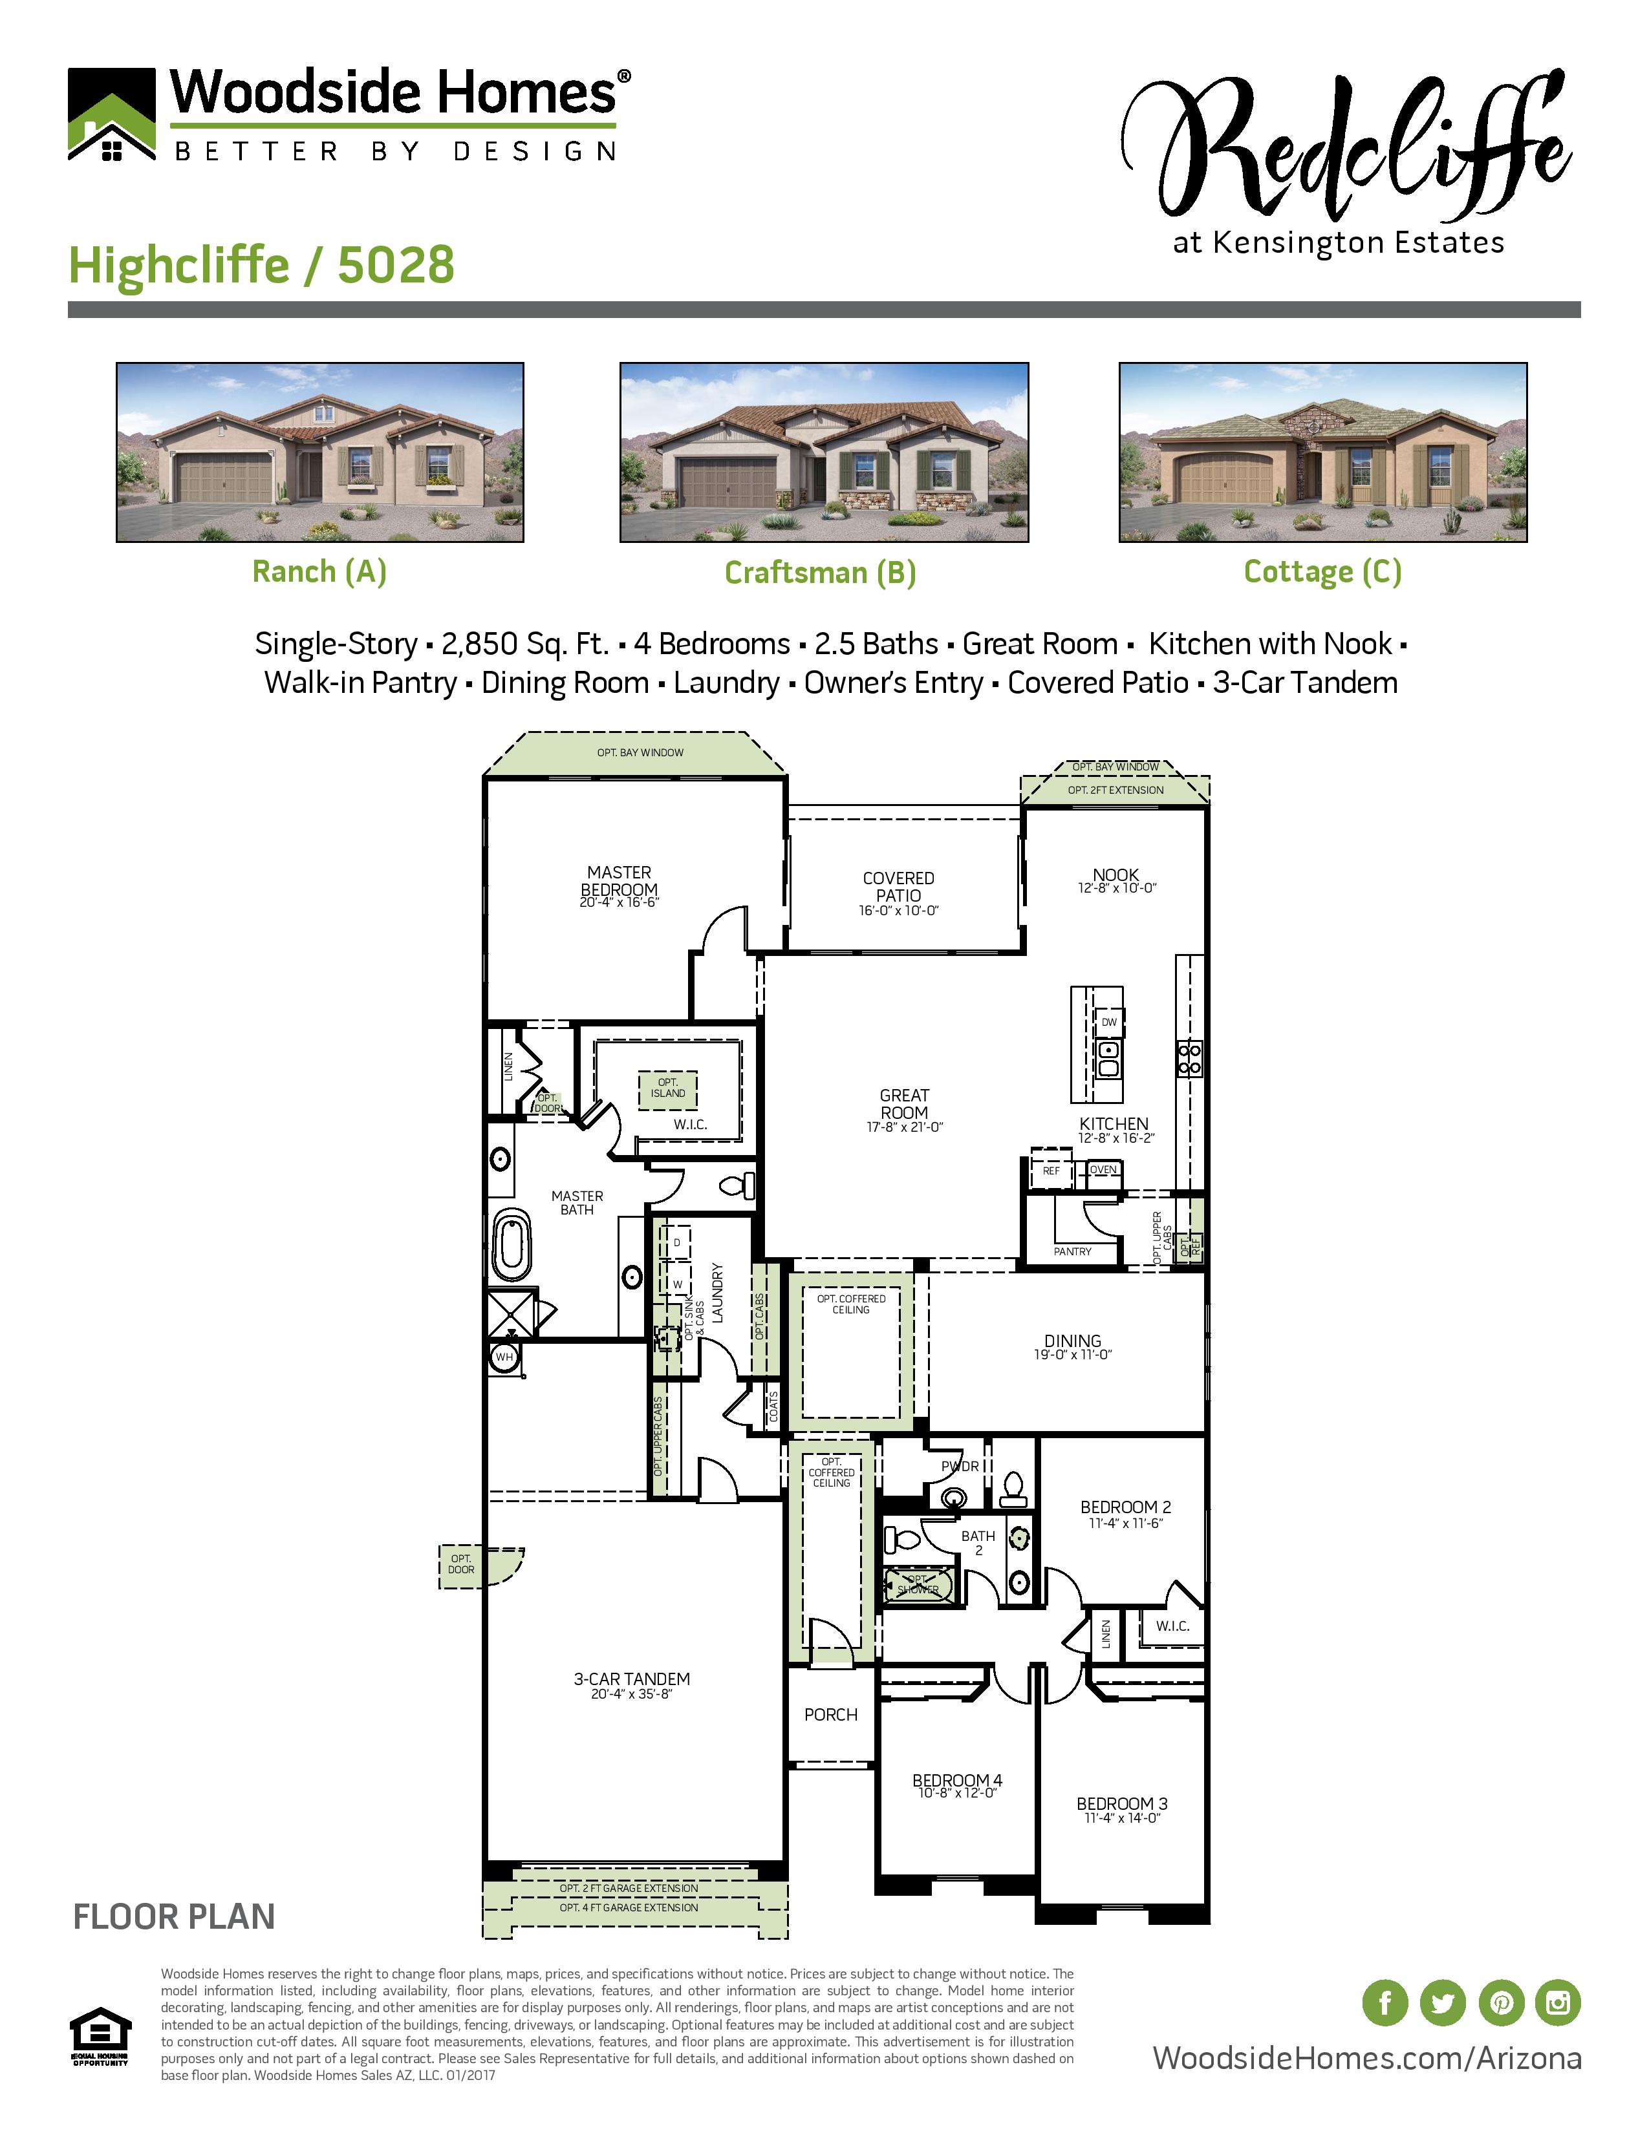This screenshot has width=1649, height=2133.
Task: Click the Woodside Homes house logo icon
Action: tap(111, 114)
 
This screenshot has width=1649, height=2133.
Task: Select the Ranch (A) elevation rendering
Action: tap(319, 452)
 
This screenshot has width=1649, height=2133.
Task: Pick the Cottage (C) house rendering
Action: tap(1322, 452)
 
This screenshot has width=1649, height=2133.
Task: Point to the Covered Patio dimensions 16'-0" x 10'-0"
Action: tap(898, 910)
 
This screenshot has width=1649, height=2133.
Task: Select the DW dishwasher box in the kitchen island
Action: tap(1109, 1023)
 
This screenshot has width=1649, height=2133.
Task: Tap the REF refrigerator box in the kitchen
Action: tap(1050, 1170)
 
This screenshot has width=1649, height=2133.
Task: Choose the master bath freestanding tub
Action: tap(511, 1246)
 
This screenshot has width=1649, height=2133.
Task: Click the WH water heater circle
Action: tap(504, 1357)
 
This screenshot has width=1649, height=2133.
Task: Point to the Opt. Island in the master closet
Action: tap(668, 1088)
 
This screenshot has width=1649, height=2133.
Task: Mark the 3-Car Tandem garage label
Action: tap(631, 1679)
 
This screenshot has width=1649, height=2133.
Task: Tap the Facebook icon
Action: tap(1385, 2003)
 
